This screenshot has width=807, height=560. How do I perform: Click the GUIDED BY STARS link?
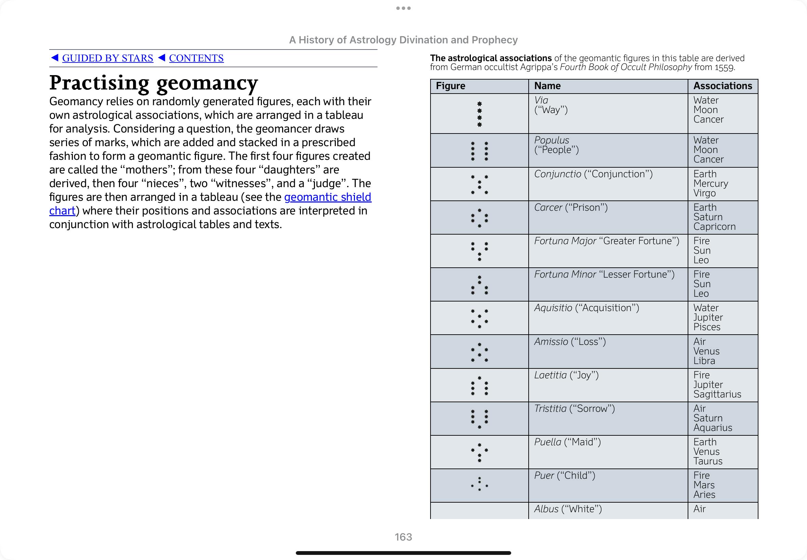(x=107, y=58)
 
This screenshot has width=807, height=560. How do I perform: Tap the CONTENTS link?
(x=196, y=58)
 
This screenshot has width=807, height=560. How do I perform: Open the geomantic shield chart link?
(x=328, y=197)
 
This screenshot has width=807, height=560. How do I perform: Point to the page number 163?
(x=403, y=537)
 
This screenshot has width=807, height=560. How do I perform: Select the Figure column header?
(x=450, y=86)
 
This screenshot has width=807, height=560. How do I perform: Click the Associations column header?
(x=723, y=86)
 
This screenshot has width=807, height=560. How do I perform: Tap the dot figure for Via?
(x=479, y=114)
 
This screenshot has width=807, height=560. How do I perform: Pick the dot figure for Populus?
(x=479, y=151)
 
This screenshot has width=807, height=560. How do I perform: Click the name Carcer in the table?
(x=548, y=207)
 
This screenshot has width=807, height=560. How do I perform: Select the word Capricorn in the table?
(x=714, y=227)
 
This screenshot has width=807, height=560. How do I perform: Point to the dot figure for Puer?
(x=479, y=484)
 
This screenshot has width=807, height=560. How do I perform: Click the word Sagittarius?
(x=717, y=394)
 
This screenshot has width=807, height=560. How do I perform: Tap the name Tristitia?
(x=550, y=408)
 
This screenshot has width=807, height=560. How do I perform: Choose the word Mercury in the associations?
(x=710, y=183)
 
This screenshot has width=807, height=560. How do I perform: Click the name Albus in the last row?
(x=546, y=509)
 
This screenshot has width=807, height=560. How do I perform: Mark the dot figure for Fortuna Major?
(x=479, y=251)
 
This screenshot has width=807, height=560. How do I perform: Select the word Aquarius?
(x=713, y=428)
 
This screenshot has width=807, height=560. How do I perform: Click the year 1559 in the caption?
(x=725, y=67)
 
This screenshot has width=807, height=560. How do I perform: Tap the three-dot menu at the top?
(x=403, y=8)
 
